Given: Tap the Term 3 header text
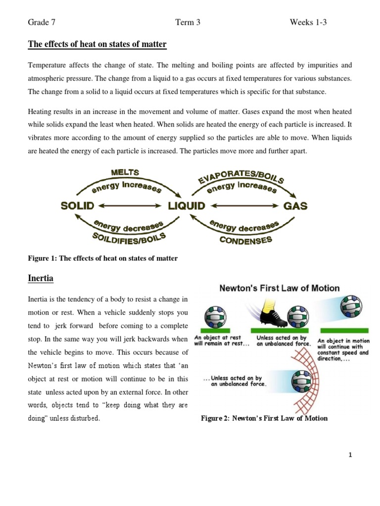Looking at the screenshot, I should (188, 22).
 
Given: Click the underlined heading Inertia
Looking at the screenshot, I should (40, 279).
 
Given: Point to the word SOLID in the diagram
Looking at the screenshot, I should (77, 206).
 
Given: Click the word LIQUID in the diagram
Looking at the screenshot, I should (186, 206).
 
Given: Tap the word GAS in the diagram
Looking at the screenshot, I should (295, 206).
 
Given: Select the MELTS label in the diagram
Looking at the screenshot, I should (125, 172).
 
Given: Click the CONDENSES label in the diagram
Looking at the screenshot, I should (246, 241).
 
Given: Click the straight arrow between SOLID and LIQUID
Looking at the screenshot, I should (130, 206).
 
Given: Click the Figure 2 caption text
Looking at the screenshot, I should (264, 419).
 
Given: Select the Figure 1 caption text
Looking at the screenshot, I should (102, 258).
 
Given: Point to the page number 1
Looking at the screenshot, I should (350, 456).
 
